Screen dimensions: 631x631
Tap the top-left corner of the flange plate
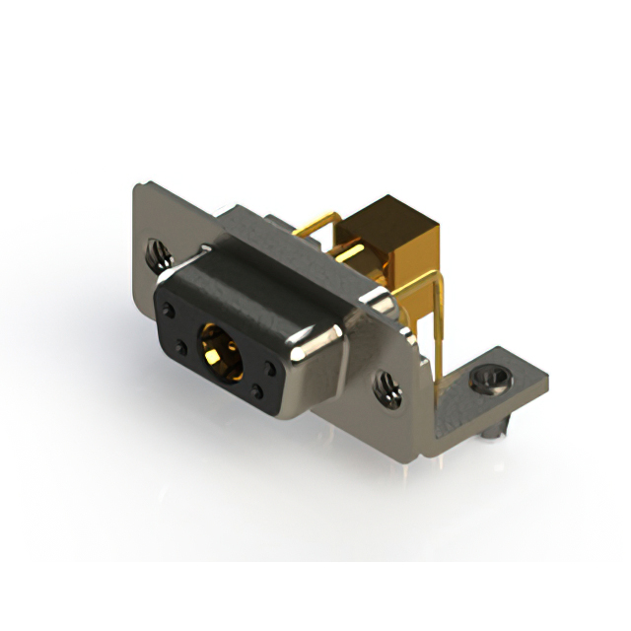[139, 187]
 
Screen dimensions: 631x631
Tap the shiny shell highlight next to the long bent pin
[378, 298]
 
